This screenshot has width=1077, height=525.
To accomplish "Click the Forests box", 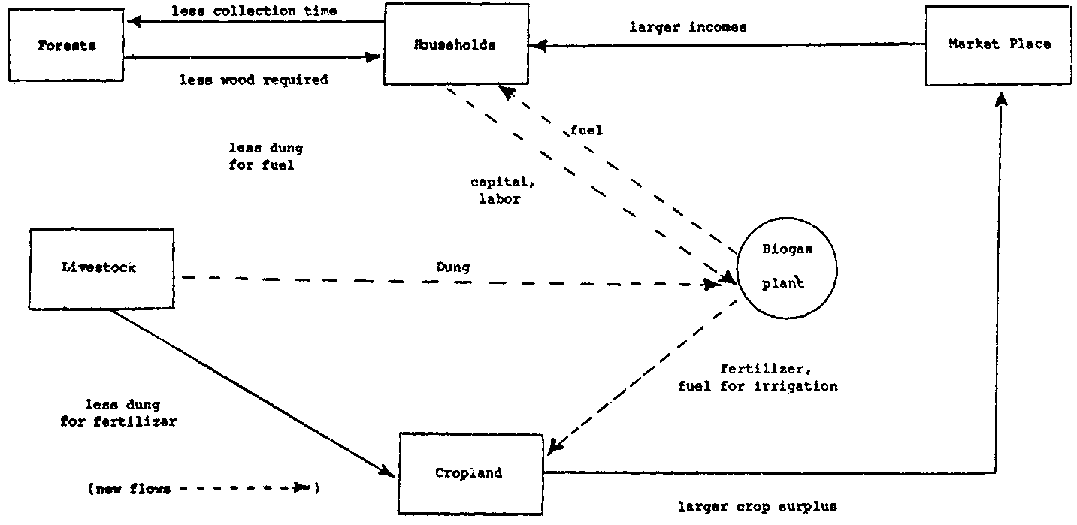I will click(66, 45).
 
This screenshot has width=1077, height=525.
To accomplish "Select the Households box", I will click(456, 44).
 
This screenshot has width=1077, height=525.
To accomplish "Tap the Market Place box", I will click(999, 44).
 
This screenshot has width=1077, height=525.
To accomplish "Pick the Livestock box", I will click(101, 268).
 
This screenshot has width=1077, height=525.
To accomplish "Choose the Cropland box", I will click(470, 473).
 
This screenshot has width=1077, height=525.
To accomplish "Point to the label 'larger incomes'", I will click(688, 28).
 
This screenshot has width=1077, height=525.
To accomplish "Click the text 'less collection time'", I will click(254, 11).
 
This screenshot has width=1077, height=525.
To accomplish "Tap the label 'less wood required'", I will click(254, 79).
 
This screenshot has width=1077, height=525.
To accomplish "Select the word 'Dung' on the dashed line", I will click(453, 267).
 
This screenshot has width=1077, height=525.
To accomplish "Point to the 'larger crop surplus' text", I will click(757, 507).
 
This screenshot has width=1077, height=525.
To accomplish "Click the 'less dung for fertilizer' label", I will click(119, 413).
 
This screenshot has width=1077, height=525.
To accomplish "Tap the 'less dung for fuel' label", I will click(265, 157).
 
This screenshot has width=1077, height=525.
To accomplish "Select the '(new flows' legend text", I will click(129, 489).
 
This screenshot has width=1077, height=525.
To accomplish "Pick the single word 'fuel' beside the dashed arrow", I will click(586, 130).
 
